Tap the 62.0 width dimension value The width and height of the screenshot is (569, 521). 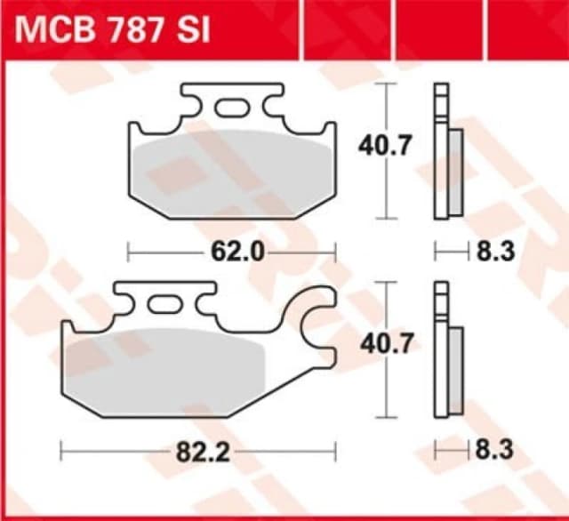click(237, 252)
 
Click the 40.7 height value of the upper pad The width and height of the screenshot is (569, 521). click(383, 145)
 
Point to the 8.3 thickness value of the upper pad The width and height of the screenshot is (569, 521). click(496, 252)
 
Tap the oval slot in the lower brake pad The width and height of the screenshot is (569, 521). click(164, 305)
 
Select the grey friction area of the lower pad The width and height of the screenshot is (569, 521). click(169, 365)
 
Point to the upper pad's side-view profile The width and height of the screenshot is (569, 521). click(447, 151)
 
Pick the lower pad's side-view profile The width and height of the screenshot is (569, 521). click(447, 350)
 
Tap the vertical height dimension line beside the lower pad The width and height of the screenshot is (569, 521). click(384, 391)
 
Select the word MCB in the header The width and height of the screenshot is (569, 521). click(56, 32)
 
